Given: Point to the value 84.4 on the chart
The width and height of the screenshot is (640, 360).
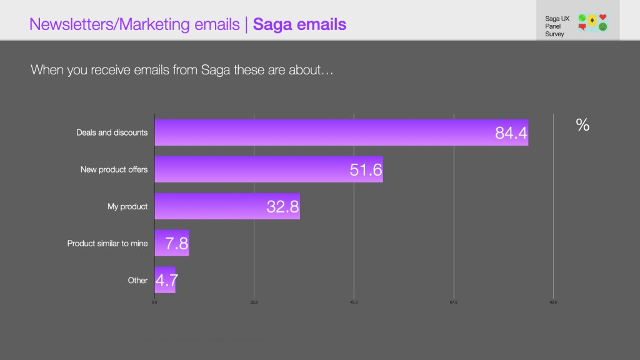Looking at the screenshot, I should click(511, 133).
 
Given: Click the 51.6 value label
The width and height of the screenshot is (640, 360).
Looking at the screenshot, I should click(366, 170).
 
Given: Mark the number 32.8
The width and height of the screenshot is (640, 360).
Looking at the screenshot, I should click(282, 207).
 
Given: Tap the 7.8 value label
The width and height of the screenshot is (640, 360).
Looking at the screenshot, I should click(177, 244).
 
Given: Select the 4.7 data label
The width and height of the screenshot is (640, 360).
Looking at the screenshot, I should click(167, 281).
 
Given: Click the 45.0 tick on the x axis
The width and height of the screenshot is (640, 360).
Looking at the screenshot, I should click(354, 302).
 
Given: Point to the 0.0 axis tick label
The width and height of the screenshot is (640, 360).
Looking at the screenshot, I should click(154, 302).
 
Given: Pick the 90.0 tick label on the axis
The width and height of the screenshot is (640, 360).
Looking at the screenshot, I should click(553, 302).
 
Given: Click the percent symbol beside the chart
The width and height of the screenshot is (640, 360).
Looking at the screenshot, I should click(582, 125).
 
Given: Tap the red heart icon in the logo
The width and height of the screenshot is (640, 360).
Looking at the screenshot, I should click(602, 17).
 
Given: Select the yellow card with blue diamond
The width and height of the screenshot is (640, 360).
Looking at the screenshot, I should click(592, 21).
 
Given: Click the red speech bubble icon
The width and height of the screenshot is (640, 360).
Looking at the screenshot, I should click(582, 27).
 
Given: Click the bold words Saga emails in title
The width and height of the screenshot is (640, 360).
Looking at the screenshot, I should click(300, 24).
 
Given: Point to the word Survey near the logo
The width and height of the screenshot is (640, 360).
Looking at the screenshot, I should click(554, 34).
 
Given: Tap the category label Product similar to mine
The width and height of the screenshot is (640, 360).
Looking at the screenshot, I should click(107, 244).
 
